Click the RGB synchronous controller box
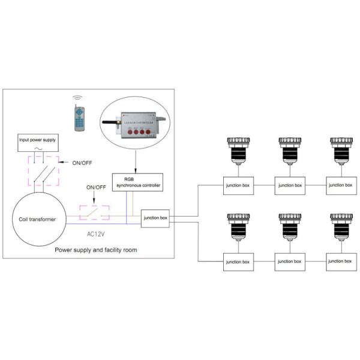pyautogui.click(x=136, y=182)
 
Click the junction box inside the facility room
pyautogui.click(x=155, y=217)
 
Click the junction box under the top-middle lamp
pyautogui.click(x=290, y=185)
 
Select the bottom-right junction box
pyautogui.click(x=341, y=262)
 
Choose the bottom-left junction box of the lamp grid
pyautogui.click(x=238, y=262)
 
